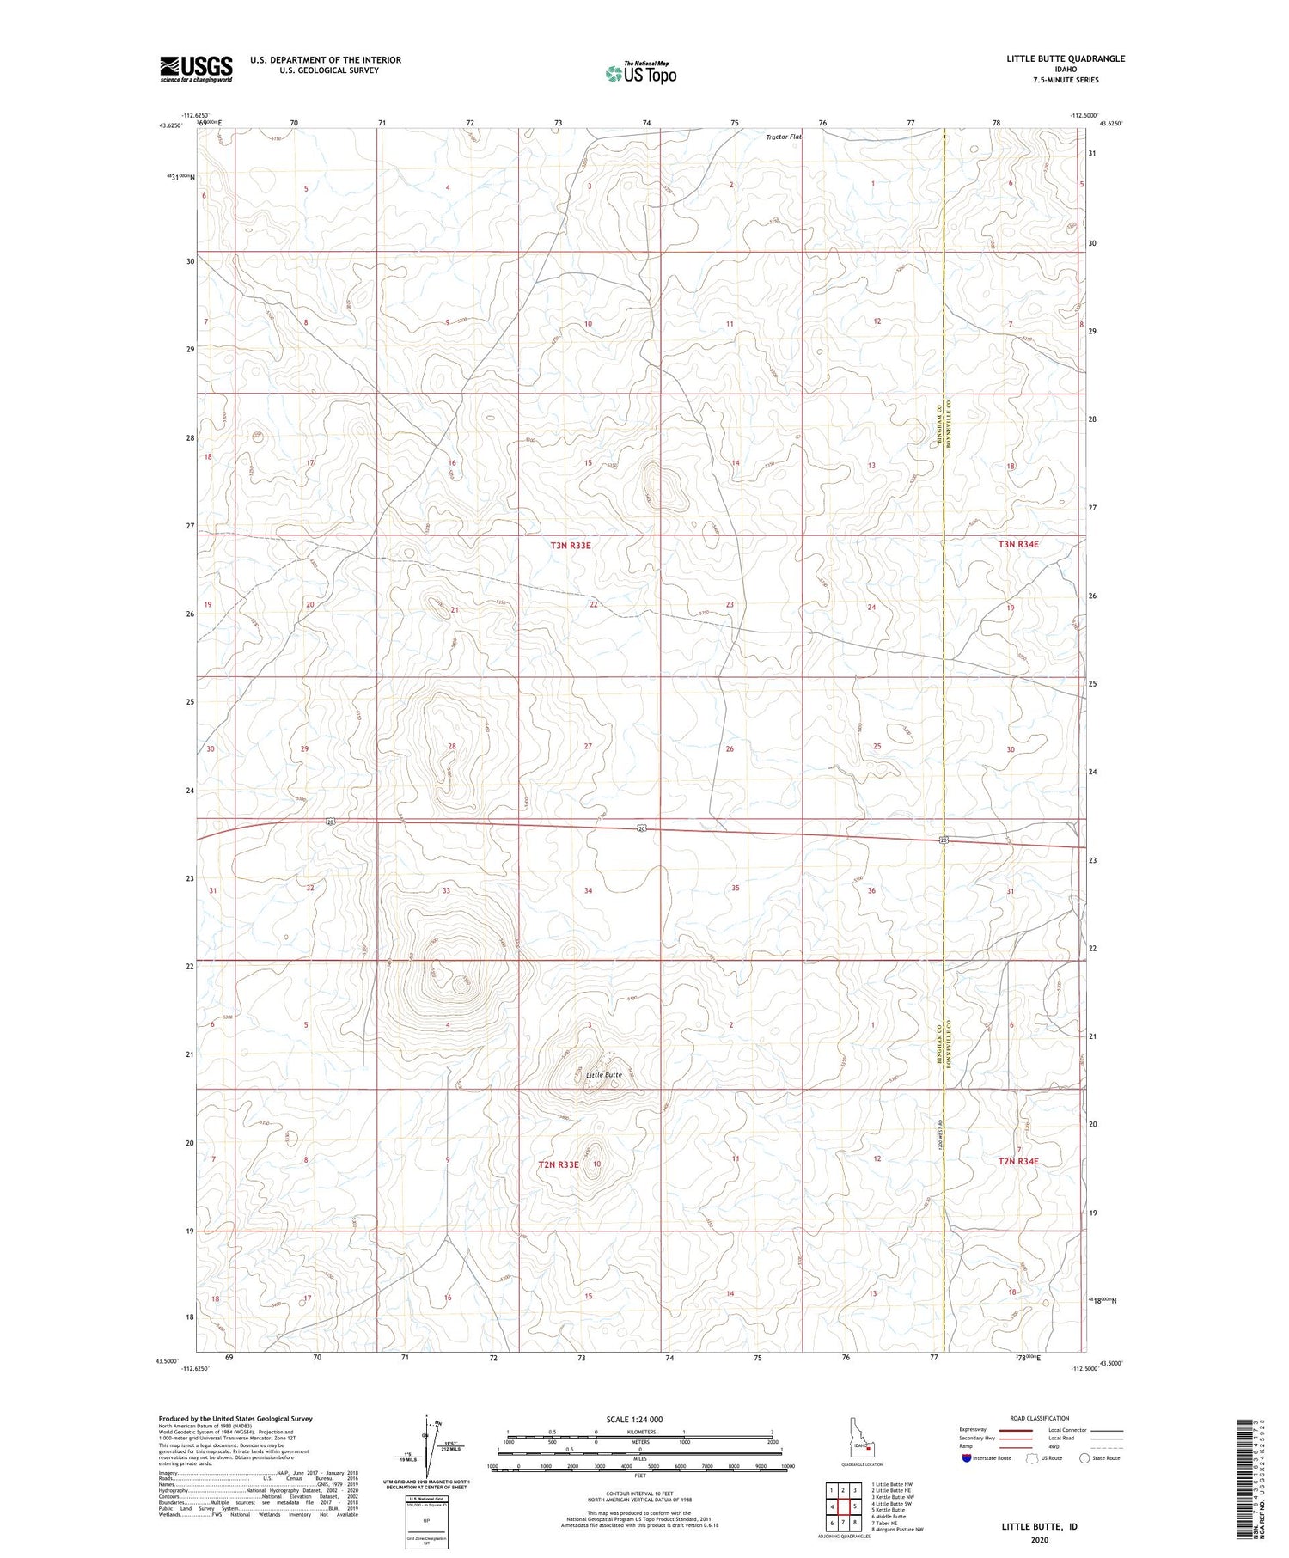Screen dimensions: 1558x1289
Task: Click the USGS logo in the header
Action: click(196, 69)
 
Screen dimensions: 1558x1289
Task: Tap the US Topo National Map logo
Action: click(641, 73)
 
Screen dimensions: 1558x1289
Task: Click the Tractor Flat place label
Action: click(784, 137)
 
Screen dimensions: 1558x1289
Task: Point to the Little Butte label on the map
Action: click(603, 1075)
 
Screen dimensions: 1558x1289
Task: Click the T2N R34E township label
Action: click(1018, 1161)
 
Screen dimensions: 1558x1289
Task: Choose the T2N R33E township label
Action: click(559, 1164)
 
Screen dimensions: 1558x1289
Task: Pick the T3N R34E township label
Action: click(1018, 544)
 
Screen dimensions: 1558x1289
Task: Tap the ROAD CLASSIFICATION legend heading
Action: click(1040, 1418)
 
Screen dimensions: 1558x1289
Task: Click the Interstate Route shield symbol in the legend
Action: click(967, 1458)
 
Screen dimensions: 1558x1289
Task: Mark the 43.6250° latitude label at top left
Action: click(169, 125)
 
